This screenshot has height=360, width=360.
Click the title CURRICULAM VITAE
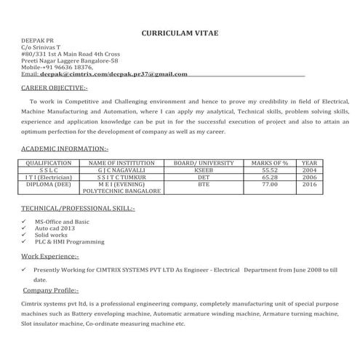pos(179,33)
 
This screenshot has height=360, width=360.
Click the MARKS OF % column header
pos(269,164)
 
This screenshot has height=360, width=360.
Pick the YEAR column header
pos(309,164)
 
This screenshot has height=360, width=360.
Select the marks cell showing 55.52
pos(269,170)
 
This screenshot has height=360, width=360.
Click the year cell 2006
pos(309,177)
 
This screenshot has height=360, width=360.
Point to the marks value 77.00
pos(269,185)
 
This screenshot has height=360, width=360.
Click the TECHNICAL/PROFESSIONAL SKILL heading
pos(78,208)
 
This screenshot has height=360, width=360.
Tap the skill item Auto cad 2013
pos(55,228)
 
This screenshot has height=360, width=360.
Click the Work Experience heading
pos(50,257)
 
